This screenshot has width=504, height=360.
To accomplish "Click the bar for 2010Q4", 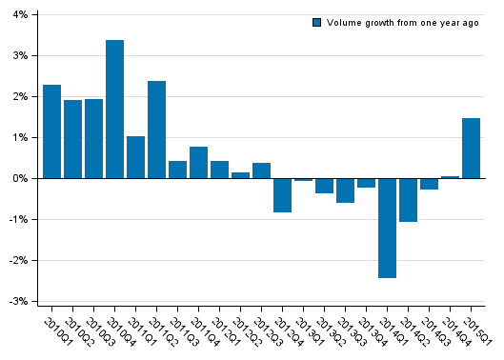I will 114,109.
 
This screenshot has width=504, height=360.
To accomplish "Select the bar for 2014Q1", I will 387,228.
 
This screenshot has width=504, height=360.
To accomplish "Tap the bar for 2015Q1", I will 471,148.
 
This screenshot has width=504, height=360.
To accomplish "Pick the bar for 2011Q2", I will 156,130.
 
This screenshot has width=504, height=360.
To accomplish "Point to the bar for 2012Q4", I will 282,195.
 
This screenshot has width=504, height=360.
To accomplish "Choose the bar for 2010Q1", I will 51,131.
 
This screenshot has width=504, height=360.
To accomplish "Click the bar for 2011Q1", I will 135,157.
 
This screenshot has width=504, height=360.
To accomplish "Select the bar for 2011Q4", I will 198,163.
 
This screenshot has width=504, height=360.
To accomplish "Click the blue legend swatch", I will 316,22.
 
